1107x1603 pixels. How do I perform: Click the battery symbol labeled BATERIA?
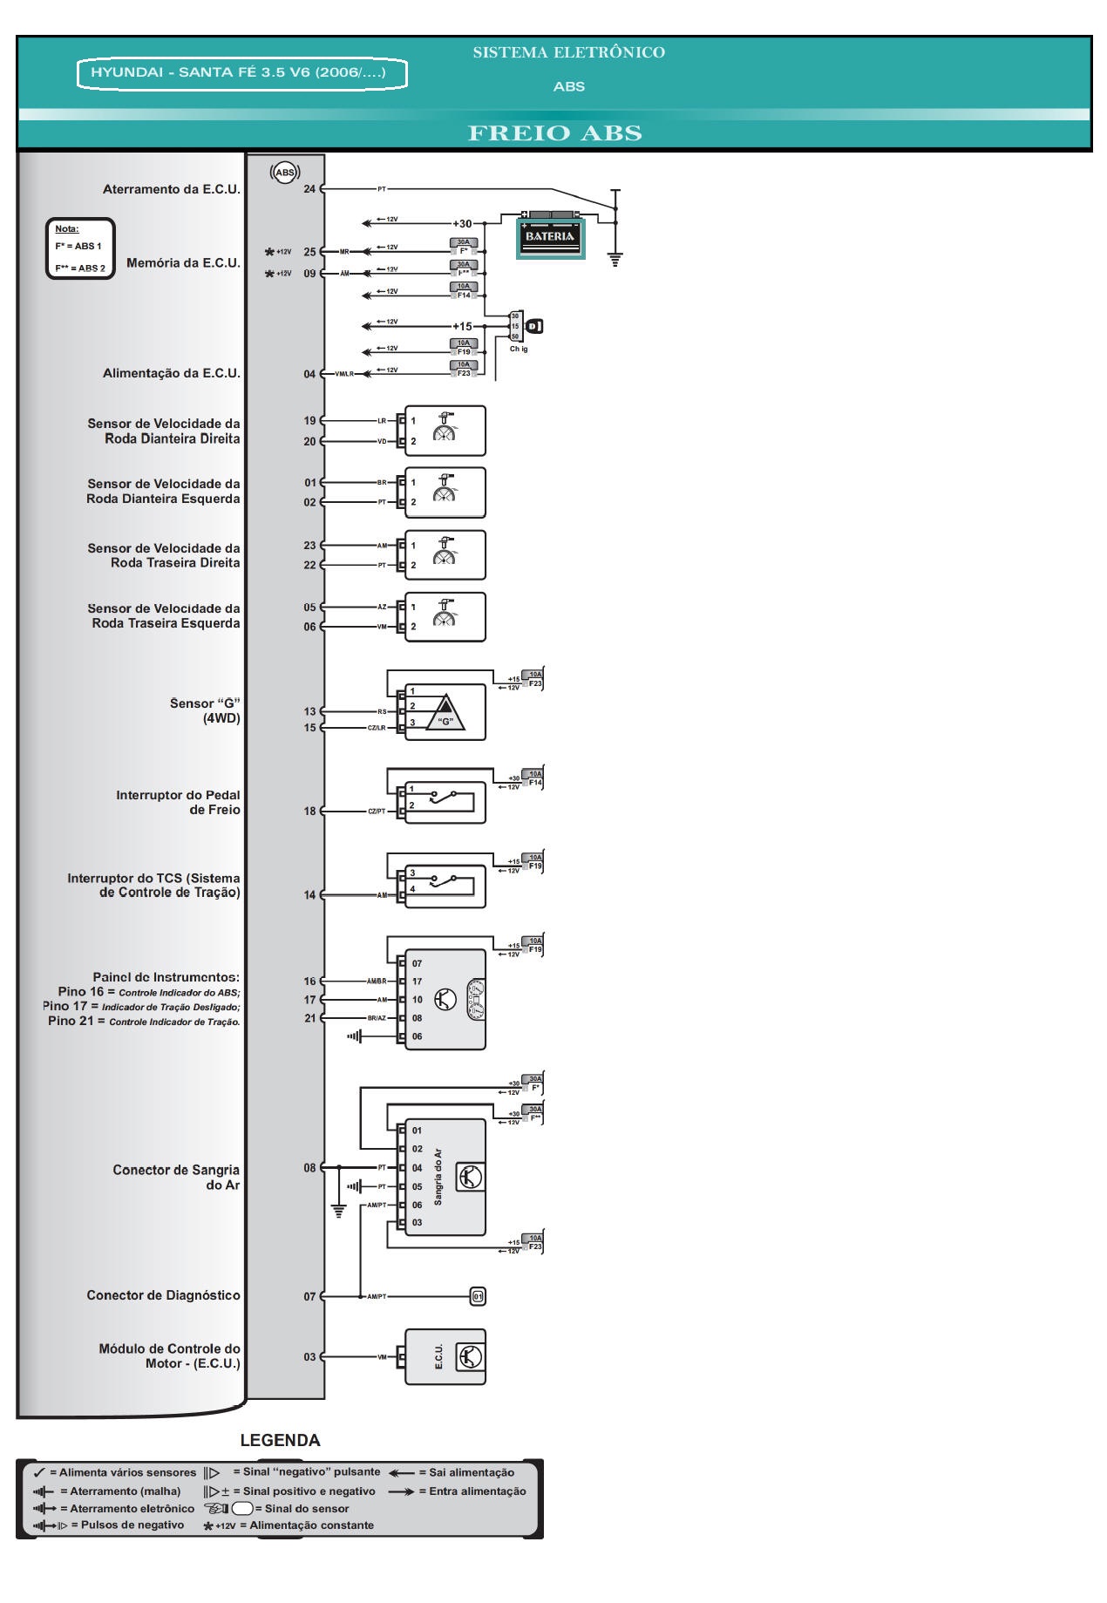550,235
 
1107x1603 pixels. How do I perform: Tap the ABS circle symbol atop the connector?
285,173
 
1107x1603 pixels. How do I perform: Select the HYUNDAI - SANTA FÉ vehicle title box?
242,73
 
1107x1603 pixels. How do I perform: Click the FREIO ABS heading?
554,133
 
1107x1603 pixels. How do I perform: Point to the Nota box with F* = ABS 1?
79,248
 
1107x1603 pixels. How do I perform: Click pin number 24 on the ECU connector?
309,188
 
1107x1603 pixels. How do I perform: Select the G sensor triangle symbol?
445,713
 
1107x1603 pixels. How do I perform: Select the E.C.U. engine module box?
445,1356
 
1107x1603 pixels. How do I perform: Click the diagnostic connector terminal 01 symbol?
478,1296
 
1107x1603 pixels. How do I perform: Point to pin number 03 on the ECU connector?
309,1356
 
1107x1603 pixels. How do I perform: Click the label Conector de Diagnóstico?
163,1295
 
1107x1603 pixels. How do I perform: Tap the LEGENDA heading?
280,1440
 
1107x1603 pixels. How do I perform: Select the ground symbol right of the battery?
615,259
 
